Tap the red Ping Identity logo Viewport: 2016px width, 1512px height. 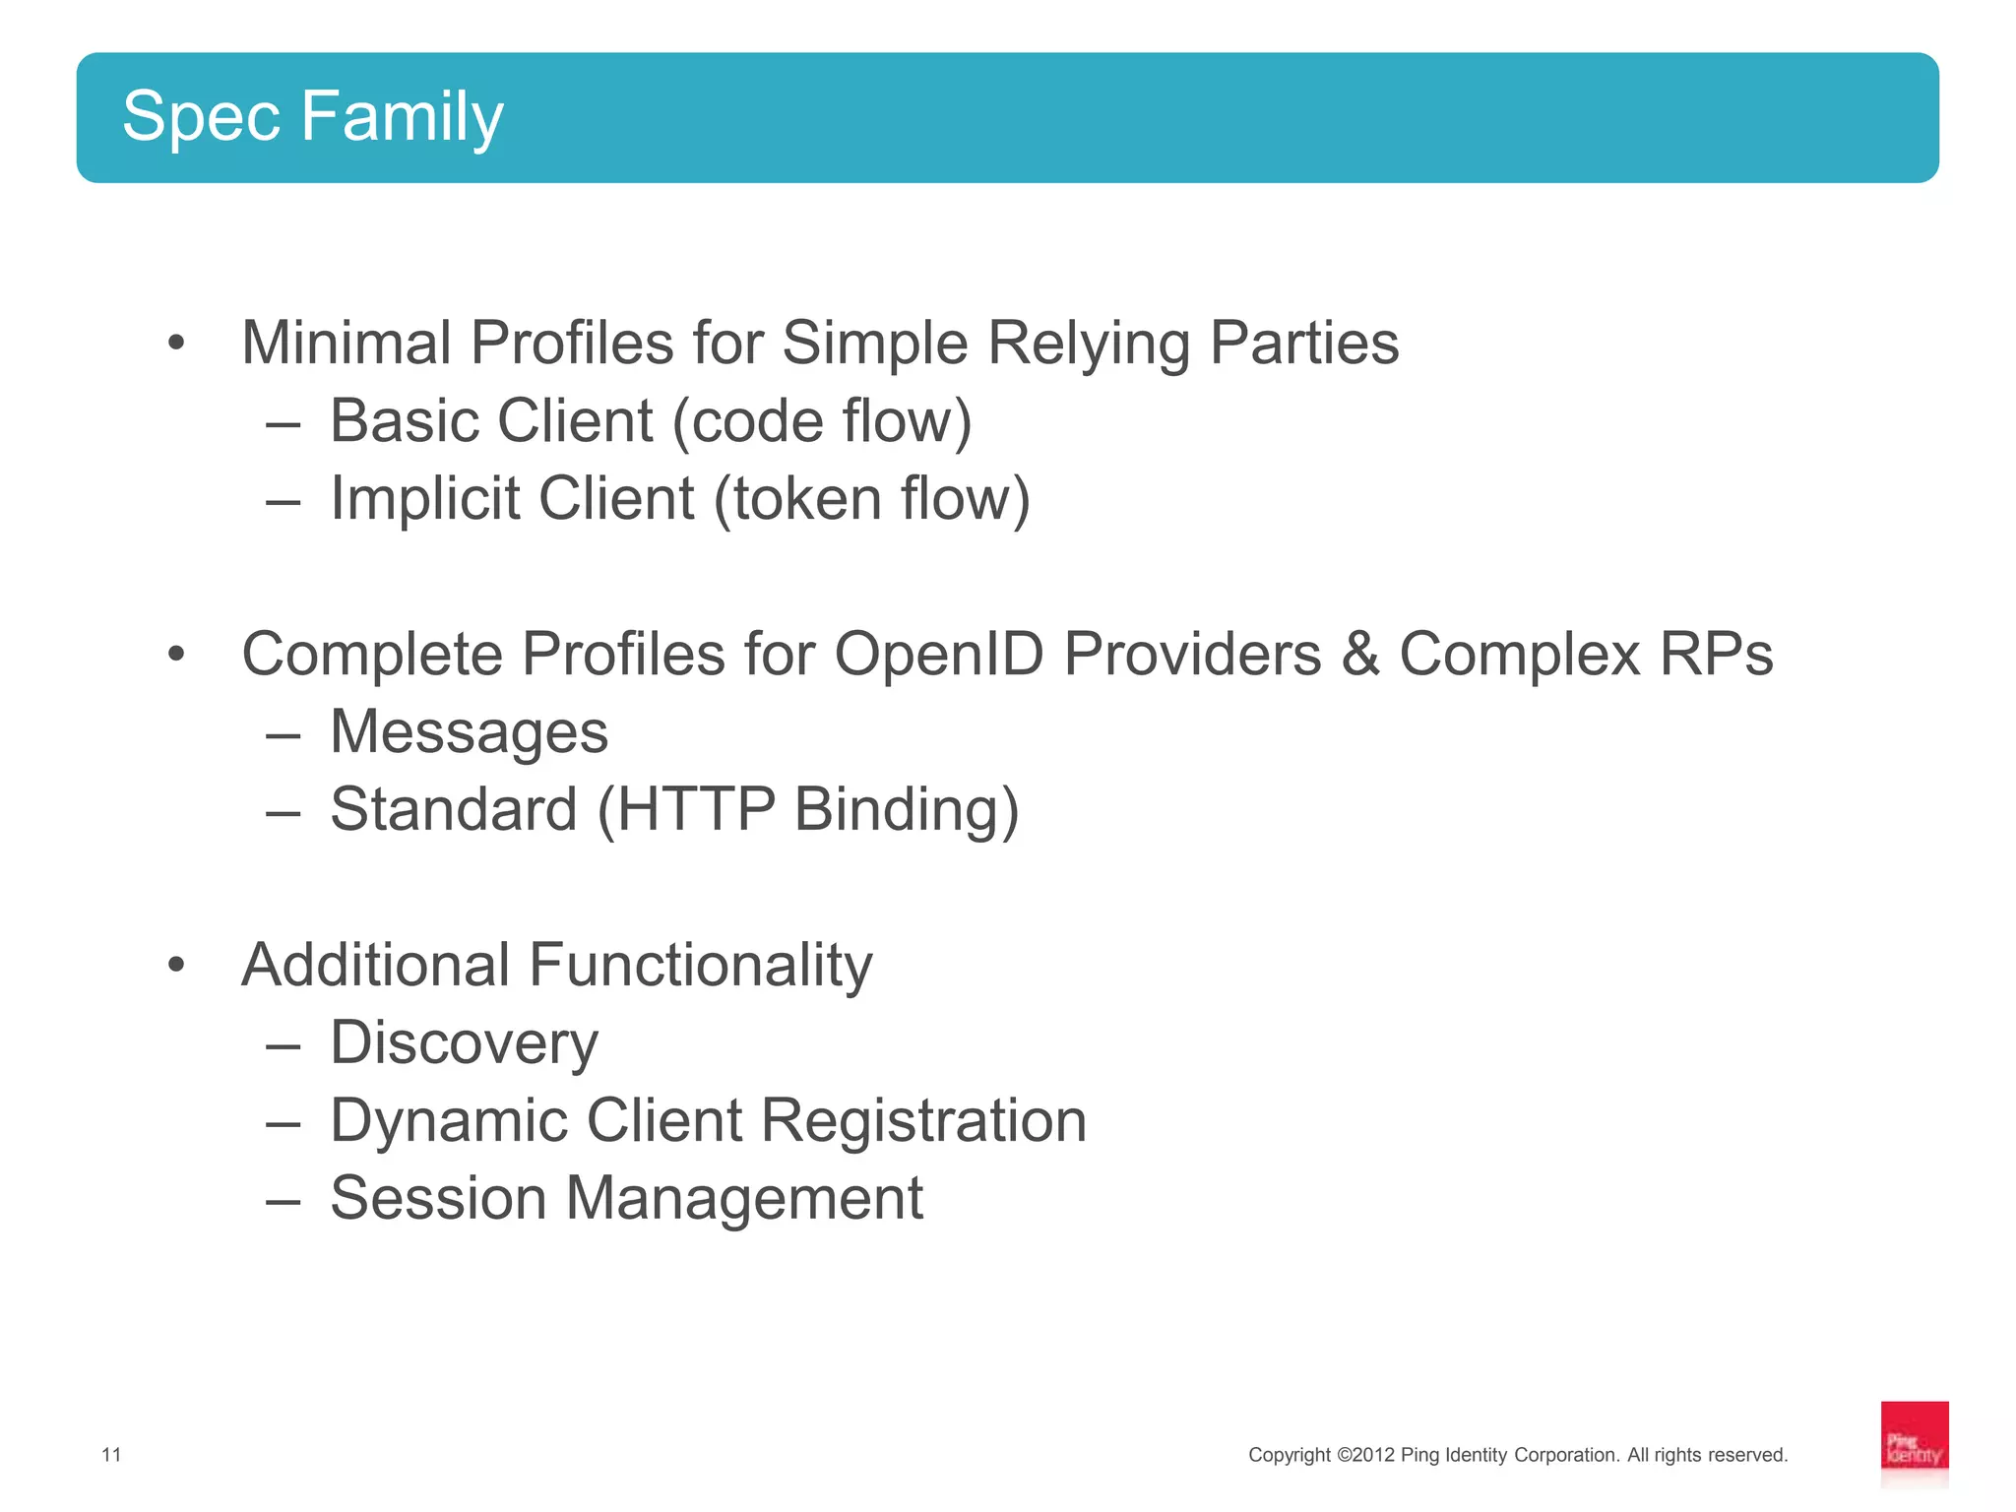[x=1914, y=1442]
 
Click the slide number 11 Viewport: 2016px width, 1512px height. [x=111, y=1455]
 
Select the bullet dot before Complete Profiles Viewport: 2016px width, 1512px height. [x=176, y=654]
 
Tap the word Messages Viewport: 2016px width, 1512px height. [x=469, y=732]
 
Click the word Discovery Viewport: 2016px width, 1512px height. [x=464, y=1043]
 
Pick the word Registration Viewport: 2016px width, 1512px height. [x=923, y=1120]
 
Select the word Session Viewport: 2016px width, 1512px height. [x=437, y=1198]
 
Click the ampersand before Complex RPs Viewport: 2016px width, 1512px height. [x=1359, y=655]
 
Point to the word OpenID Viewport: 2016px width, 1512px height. [x=938, y=655]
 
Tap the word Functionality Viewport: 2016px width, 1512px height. [x=700, y=965]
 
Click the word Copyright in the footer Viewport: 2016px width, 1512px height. [x=1290, y=1455]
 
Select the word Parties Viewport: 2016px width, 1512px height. [x=1303, y=343]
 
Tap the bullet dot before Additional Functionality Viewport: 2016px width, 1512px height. [x=176, y=965]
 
